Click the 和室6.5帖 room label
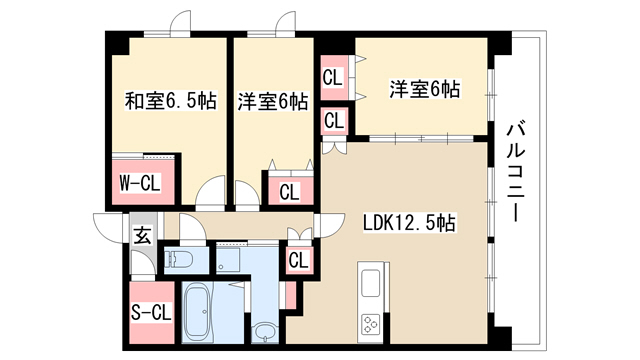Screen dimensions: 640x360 [x=170, y=100]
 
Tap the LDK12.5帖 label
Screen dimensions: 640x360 [x=409, y=223]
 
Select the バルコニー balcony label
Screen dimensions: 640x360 [x=516, y=171]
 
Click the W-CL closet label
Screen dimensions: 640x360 [x=140, y=183]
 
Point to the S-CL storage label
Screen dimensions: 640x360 [x=151, y=313]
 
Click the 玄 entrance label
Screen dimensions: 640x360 [x=143, y=236]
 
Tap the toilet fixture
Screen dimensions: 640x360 [x=179, y=258]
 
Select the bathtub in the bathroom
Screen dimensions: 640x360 [x=198, y=312]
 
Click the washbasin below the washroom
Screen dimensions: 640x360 [x=265, y=332]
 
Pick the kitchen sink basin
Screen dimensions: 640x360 [x=370, y=283]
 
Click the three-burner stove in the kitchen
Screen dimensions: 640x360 [x=371, y=325]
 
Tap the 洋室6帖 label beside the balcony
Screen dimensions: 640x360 [x=424, y=89]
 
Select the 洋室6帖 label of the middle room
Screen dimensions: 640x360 [x=273, y=101]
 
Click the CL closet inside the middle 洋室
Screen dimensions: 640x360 [x=289, y=191]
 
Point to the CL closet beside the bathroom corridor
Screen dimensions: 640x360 [x=298, y=260]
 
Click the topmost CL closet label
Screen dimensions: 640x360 [x=332, y=78]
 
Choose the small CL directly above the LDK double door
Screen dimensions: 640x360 [x=334, y=120]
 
